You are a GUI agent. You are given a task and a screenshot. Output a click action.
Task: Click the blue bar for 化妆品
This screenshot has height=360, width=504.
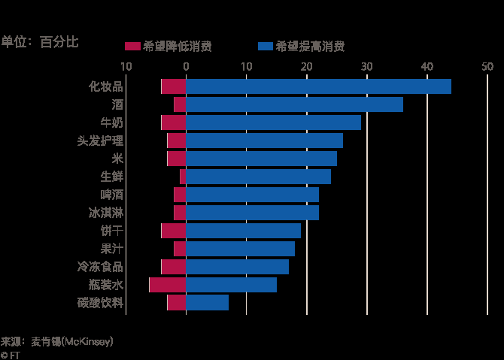318,86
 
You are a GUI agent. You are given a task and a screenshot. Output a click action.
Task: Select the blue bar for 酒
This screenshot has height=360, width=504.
294,104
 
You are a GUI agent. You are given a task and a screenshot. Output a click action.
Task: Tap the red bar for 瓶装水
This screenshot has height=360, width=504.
168,285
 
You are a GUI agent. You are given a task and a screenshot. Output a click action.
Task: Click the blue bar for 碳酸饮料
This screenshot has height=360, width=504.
207,303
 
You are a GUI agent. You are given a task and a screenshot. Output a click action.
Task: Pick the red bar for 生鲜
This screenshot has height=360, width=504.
183,177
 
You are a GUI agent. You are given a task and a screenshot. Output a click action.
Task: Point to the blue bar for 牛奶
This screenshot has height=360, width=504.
273,123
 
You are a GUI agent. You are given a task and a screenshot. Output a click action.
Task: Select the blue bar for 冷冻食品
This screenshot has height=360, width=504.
237,267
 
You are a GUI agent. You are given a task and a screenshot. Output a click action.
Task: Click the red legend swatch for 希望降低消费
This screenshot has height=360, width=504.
132,47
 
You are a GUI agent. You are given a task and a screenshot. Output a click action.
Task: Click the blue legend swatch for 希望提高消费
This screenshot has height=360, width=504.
265,47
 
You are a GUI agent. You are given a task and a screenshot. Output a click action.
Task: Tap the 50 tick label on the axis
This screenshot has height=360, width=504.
487,67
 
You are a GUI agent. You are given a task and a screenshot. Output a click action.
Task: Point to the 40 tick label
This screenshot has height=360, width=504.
427,67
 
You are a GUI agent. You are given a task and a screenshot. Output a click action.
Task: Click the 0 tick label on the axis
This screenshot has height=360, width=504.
186,67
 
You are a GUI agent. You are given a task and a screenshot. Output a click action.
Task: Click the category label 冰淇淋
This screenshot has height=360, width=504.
106,213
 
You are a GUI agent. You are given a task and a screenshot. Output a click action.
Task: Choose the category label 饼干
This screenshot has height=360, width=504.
111,231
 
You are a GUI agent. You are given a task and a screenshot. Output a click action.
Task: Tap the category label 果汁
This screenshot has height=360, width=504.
111,249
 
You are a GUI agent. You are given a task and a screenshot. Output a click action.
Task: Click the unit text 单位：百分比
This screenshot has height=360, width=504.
39,42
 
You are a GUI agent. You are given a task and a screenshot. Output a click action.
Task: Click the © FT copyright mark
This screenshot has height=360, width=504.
10,355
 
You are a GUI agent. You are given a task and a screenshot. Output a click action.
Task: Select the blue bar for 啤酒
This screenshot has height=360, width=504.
252,195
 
